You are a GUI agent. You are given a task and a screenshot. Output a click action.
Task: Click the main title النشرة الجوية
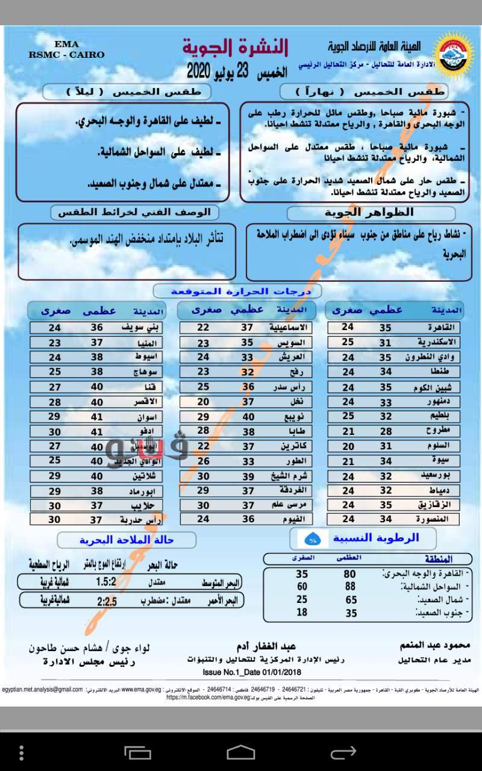point(236,47)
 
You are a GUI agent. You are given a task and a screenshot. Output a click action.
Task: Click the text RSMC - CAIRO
point(66,55)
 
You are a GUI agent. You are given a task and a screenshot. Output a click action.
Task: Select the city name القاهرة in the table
point(442,328)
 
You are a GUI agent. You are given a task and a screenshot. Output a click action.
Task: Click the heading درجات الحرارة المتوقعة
point(241,292)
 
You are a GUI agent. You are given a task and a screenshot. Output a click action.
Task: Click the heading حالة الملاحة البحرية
point(127,540)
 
